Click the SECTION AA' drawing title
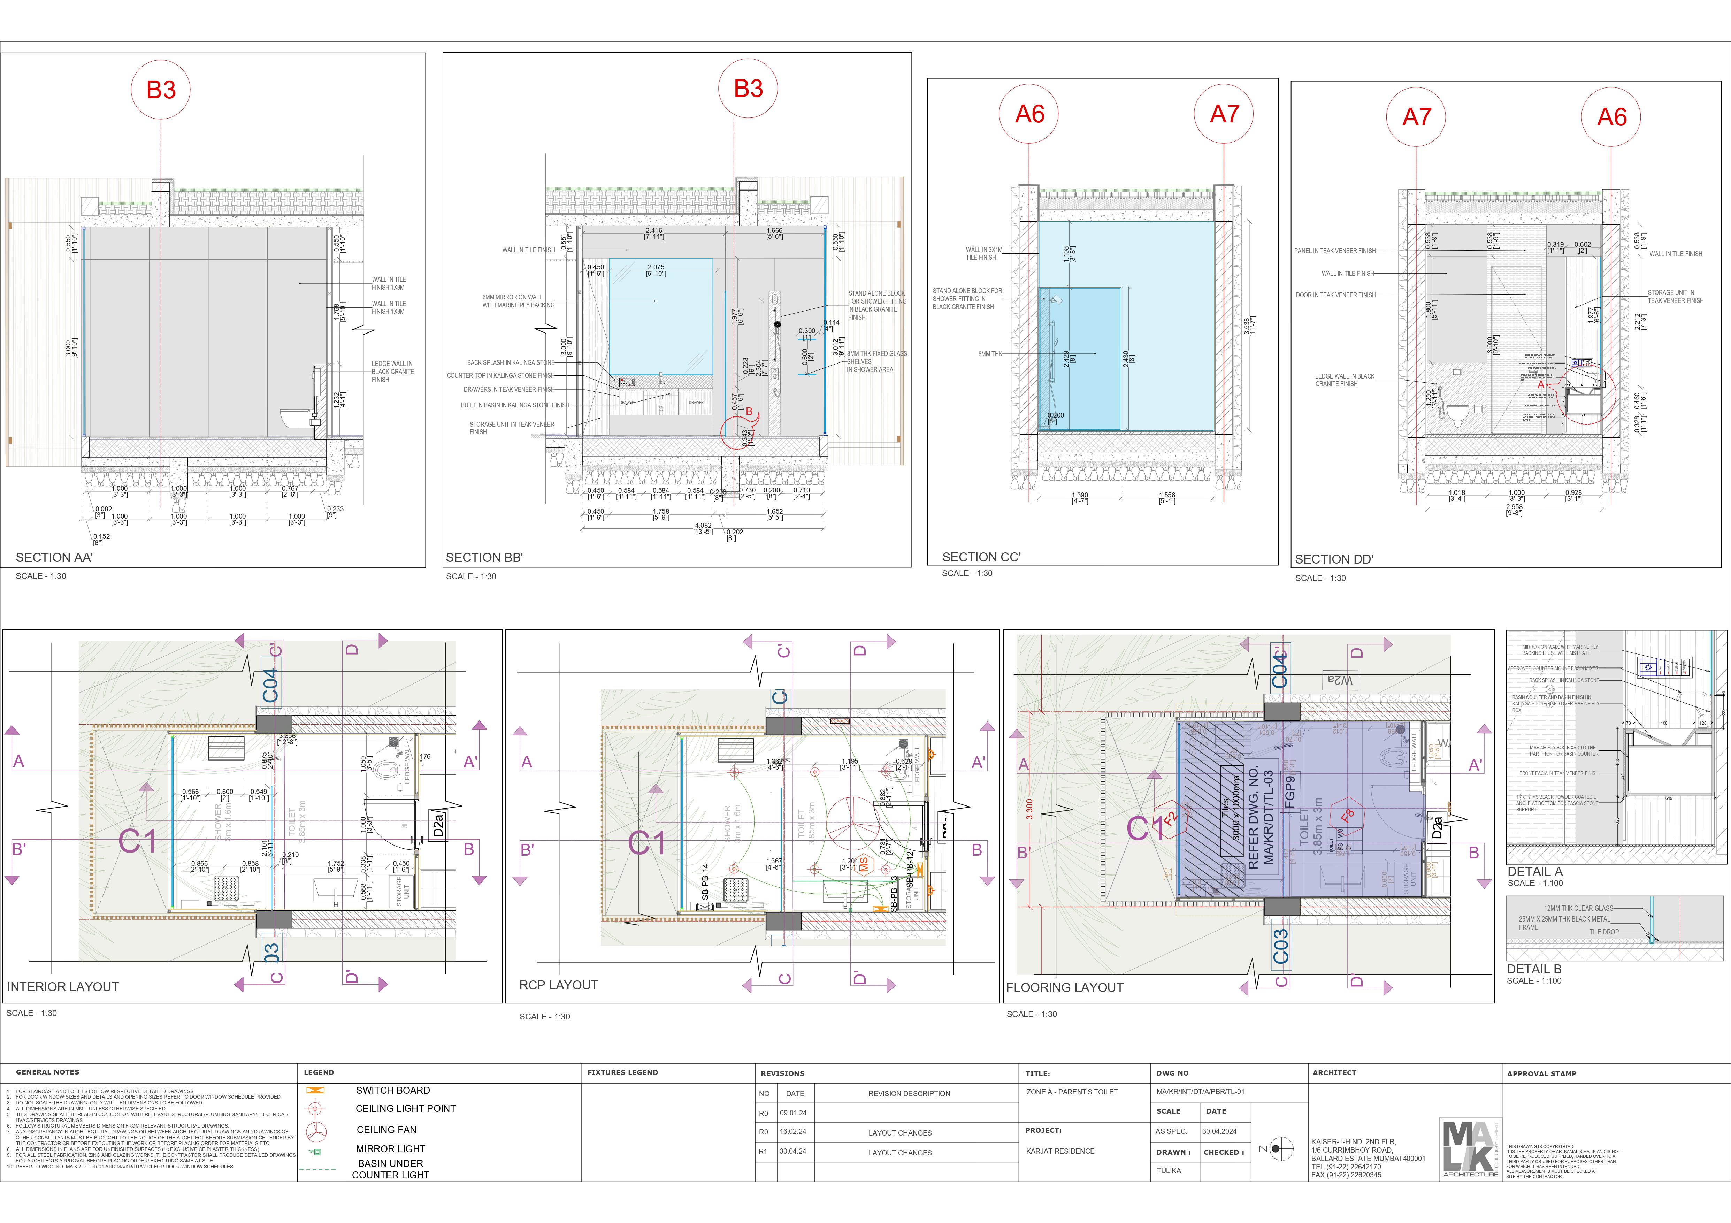[x=54, y=557]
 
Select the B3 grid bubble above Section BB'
[x=748, y=89]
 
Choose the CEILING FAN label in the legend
[x=386, y=1130]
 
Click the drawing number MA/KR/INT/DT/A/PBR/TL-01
[x=1200, y=1092]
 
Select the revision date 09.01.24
[x=793, y=1113]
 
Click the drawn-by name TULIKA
[x=1169, y=1171]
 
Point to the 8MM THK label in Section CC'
[x=990, y=354]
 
